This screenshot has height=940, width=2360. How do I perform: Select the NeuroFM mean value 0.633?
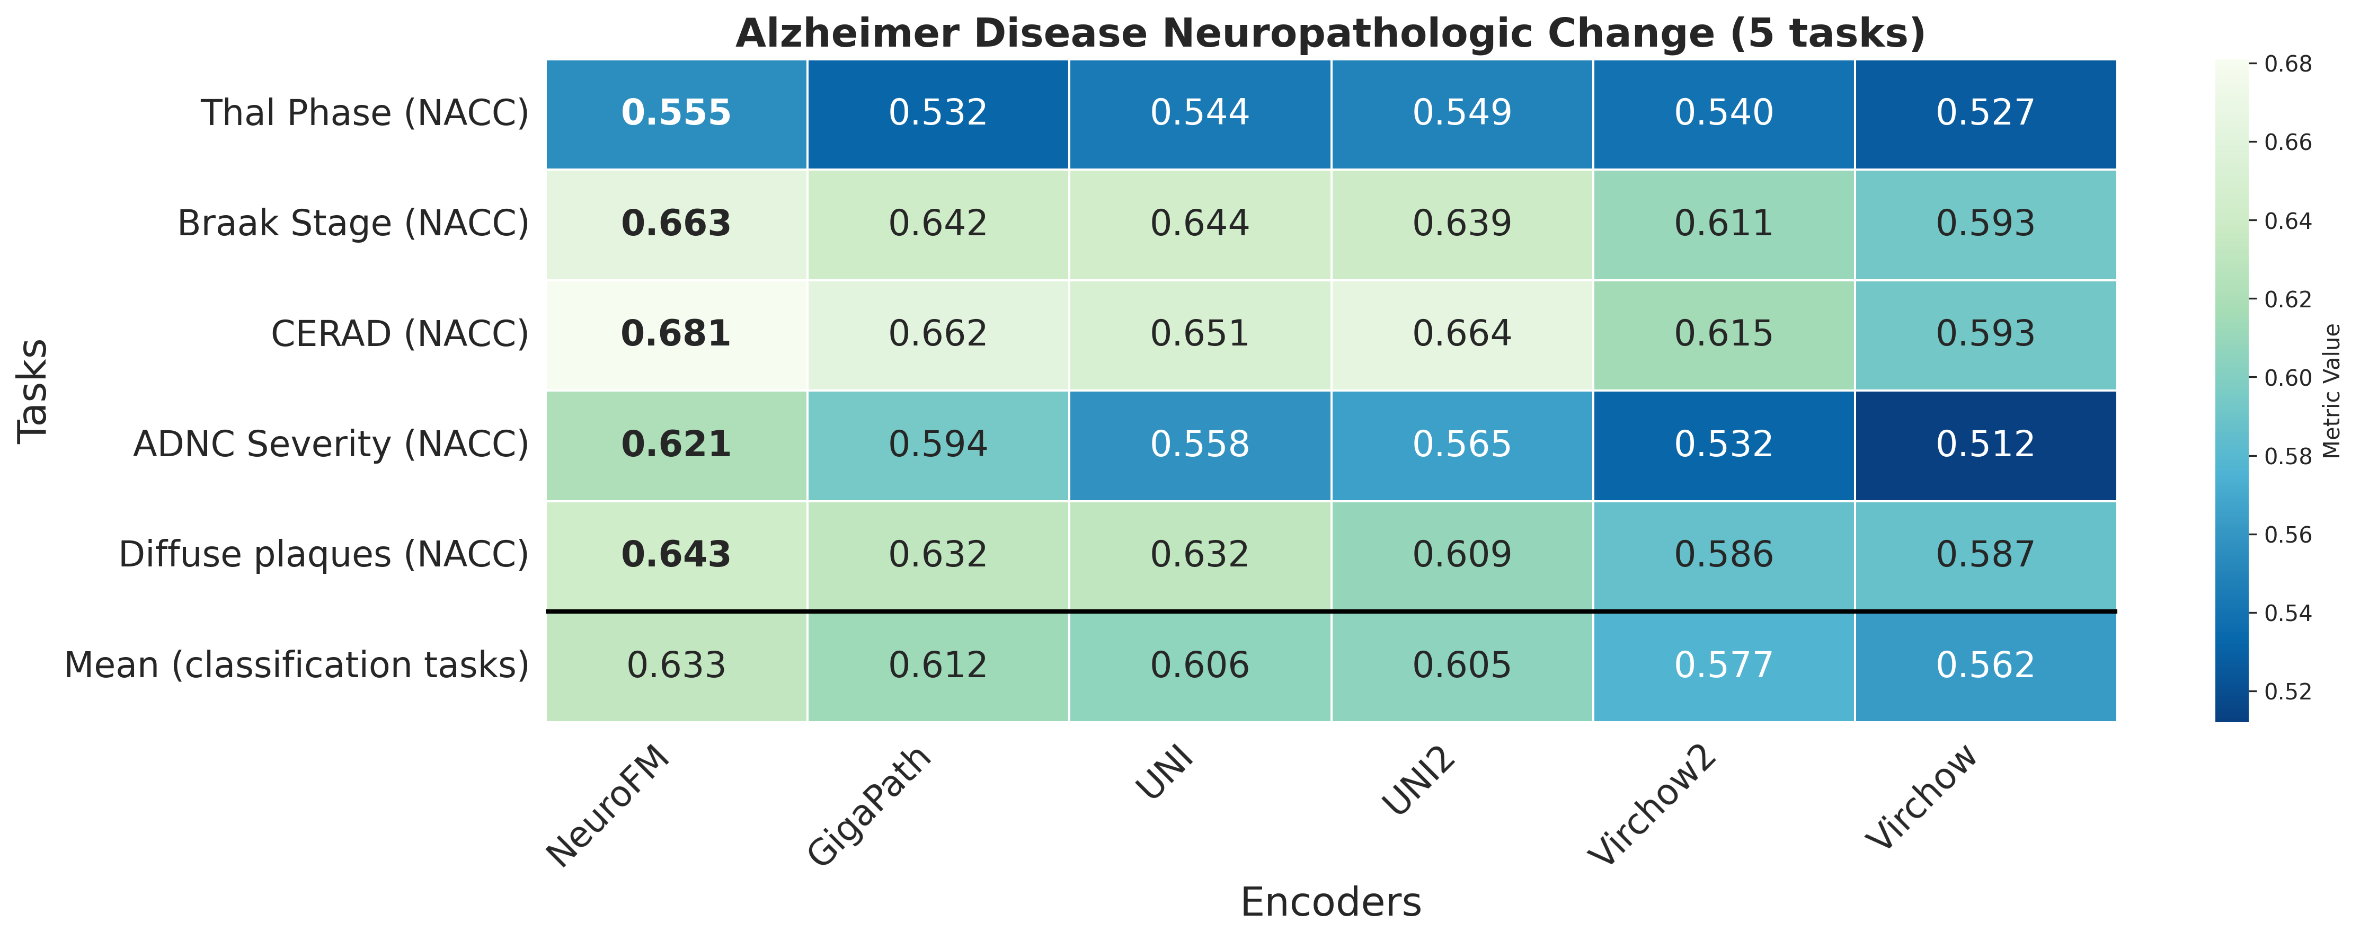pyautogui.click(x=676, y=665)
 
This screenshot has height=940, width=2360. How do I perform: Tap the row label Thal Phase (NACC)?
pyautogui.click(x=365, y=113)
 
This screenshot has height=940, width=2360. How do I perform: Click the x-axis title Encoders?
pyautogui.click(x=1330, y=902)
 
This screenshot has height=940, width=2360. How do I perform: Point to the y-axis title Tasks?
pyautogui.click(x=33, y=391)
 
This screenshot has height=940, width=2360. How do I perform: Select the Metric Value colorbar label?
pyautogui.click(x=2332, y=391)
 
